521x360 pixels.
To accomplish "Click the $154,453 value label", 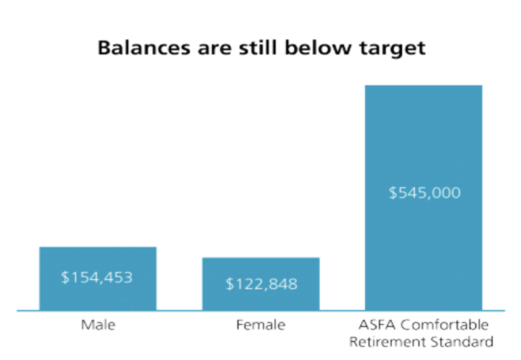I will pos(98,277).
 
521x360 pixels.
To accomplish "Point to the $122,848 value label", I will pos(260,284).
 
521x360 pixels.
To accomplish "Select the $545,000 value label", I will pos(424,194).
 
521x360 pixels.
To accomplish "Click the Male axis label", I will pos(98,324).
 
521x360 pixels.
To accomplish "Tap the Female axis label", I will pos(260,324).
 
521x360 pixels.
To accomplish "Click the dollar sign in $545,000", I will pos(393,194).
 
